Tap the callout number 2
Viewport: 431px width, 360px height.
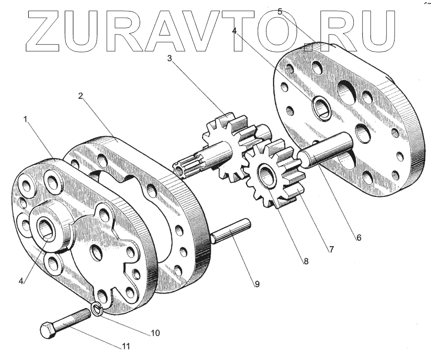(81, 96)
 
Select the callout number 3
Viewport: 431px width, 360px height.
(169, 59)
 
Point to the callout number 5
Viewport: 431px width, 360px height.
(279, 12)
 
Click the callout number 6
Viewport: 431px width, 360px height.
(359, 237)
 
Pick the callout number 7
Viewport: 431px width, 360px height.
(331, 249)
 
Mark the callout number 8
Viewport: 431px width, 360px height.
(305, 262)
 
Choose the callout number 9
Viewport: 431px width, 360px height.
(257, 284)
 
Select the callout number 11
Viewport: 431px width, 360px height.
(126, 345)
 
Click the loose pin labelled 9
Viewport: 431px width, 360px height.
(230, 231)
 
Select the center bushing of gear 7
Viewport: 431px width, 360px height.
(266, 175)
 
